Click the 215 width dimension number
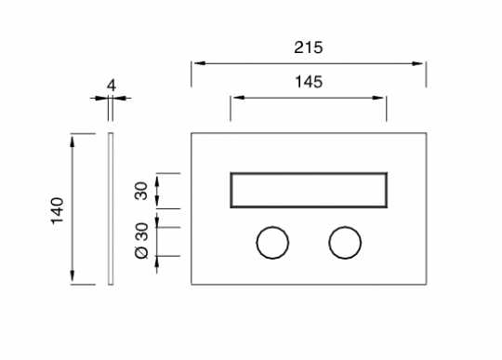309,47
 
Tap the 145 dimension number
309,82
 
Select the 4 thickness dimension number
112,86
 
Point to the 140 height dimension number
58,211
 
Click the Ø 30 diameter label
142,240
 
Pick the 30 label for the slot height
142,191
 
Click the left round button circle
272,227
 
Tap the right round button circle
345,227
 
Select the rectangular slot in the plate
309,173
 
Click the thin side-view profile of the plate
111,208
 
